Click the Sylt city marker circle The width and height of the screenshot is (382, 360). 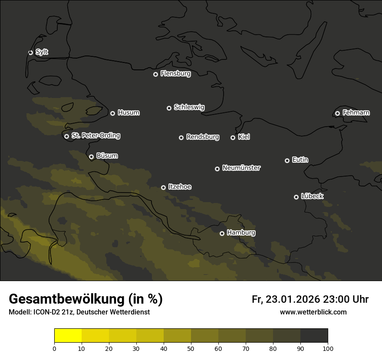click(30, 52)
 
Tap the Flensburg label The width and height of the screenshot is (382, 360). click(175, 74)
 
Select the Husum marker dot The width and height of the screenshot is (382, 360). click(112, 113)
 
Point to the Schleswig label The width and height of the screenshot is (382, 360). click(189, 107)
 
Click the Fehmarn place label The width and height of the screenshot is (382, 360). click(356, 113)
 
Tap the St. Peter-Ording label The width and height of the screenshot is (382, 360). click(95, 136)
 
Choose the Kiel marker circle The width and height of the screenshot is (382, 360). click(233, 137)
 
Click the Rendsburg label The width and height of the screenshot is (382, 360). click(202, 137)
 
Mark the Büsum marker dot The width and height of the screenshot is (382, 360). click(91, 157)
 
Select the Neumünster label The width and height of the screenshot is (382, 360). click(241, 168)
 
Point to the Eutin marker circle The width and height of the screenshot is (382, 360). click(287, 160)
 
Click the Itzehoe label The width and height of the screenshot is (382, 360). click(179, 187)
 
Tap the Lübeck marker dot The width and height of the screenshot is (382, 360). click(296, 197)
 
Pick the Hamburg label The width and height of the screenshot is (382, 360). click(241, 233)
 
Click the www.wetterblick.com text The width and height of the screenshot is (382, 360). click(313, 312)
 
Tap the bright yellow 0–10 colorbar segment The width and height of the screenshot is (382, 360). click(68, 336)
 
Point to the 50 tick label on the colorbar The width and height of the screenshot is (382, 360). click(191, 348)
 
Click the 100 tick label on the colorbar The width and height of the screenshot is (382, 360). click(328, 348)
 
